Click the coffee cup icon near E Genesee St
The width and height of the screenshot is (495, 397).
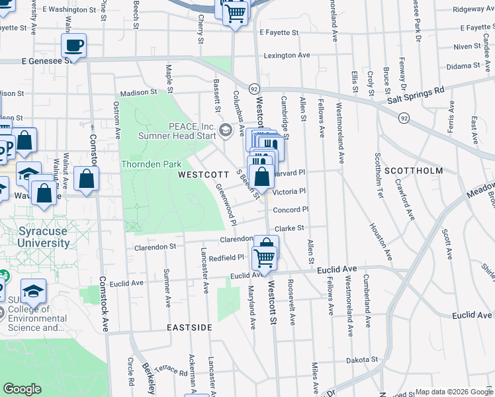pos(73,45)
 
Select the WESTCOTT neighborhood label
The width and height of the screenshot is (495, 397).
pos(204,175)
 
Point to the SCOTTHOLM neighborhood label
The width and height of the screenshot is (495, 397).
pos(418,171)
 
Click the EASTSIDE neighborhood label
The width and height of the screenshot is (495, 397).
pos(189,328)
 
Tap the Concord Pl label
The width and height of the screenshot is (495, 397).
pos(291,210)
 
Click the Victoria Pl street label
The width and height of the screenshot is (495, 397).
pos(289,192)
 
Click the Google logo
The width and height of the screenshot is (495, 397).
pos(22,388)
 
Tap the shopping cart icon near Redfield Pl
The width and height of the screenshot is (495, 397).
pos(265,257)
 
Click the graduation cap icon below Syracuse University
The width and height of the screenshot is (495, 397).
pos(33,290)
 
